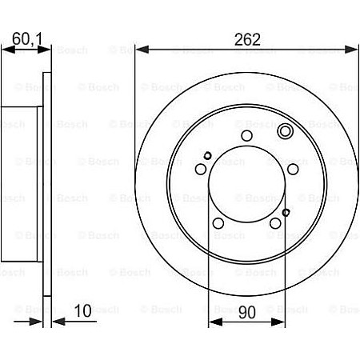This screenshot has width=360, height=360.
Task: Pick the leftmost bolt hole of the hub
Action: tap(201, 170)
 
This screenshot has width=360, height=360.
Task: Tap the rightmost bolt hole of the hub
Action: tap(294, 170)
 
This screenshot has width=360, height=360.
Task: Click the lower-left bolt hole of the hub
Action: tap(219, 224)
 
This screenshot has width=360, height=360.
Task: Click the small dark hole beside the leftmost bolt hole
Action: tap(207, 156)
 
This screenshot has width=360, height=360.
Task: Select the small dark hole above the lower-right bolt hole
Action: tap(286, 212)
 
